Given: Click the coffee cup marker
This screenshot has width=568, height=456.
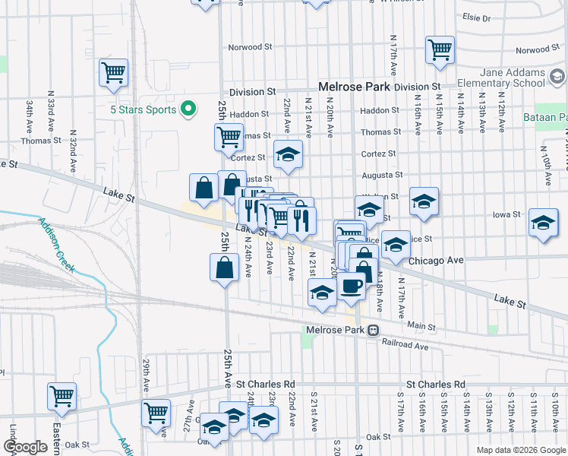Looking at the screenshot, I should [351, 287].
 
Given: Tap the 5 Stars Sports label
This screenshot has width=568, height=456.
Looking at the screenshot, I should [143, 109].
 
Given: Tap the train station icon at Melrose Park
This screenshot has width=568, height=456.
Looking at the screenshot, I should [373, 331].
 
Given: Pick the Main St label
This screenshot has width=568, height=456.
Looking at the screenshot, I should [421, 325].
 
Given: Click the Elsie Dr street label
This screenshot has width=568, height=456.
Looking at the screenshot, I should [476, 17].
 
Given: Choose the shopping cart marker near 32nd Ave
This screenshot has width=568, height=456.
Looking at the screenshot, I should [113, 74].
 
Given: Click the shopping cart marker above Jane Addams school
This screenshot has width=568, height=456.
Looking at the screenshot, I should [440, 50].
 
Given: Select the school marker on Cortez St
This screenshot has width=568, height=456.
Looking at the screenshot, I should [288, 155].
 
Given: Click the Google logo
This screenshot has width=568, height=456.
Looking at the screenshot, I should [25, 447].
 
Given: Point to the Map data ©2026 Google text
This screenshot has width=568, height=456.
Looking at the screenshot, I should [520, 450].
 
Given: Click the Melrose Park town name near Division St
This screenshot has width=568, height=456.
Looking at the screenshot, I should [354, 87].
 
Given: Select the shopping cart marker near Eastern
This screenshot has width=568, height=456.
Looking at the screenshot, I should [62, 396].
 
